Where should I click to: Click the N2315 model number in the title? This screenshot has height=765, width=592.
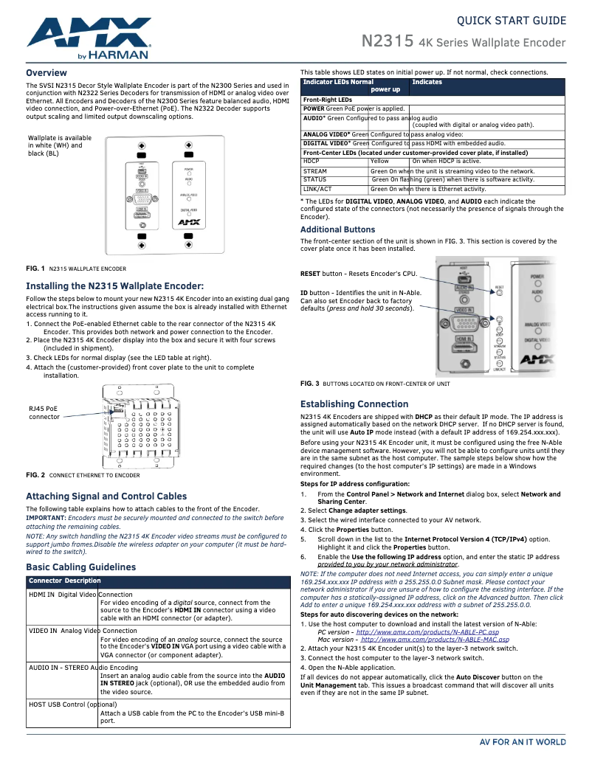387,41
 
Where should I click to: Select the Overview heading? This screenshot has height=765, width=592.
47,73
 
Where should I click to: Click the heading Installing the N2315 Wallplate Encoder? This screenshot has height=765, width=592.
114,285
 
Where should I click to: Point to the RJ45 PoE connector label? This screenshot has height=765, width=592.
44,412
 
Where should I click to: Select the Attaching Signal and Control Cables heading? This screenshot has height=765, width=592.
106,496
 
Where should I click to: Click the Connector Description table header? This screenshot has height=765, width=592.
65,581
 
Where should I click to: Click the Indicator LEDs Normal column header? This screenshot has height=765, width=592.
338,82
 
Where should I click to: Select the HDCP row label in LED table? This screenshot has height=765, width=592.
312,161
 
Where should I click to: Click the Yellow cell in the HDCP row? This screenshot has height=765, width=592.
379,161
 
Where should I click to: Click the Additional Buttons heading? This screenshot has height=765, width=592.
337,230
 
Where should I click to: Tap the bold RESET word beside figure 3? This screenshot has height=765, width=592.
310,274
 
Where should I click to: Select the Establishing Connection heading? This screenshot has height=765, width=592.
354,404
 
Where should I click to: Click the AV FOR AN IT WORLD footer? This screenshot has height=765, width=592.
523,742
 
